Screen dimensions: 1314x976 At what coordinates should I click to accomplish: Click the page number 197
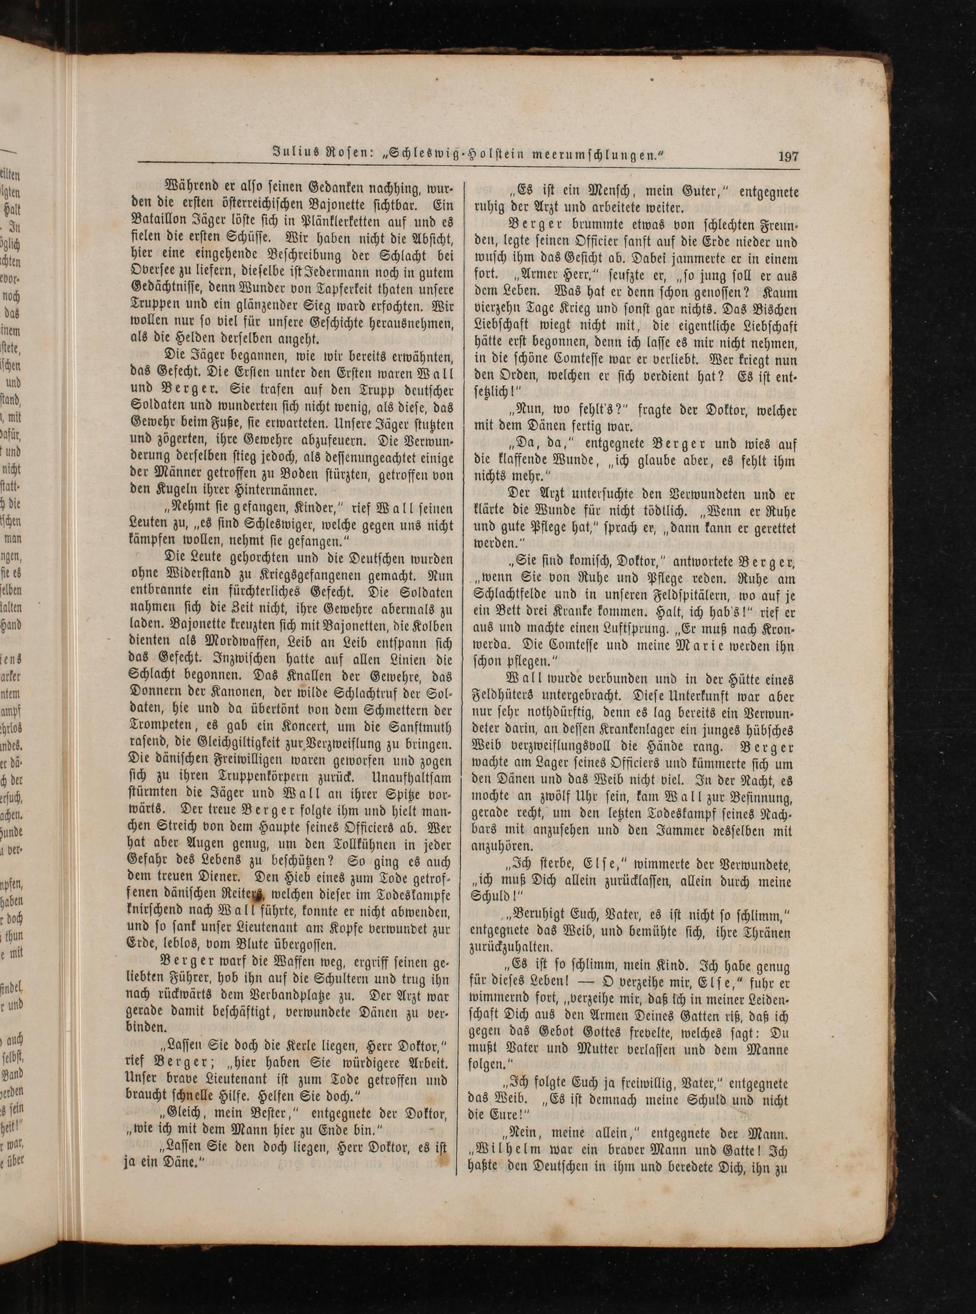click(x=788, y=157)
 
